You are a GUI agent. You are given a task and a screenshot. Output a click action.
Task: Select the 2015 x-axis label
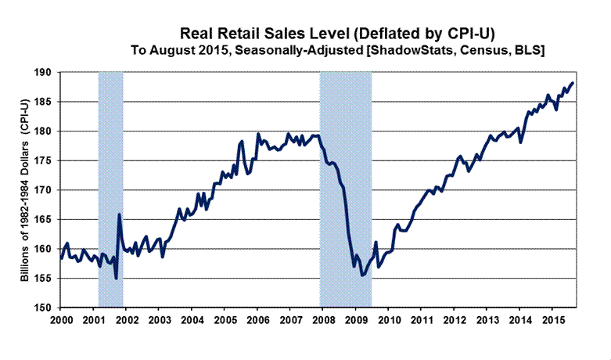551,320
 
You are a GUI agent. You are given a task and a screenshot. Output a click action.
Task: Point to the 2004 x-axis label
192,320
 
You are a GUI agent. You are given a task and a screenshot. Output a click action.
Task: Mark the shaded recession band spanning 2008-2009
346,188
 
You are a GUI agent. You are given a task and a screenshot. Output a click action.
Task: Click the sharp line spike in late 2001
119,214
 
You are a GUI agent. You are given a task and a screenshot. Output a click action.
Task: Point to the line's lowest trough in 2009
362,275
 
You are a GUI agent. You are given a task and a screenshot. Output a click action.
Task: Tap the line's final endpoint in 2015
573,83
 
